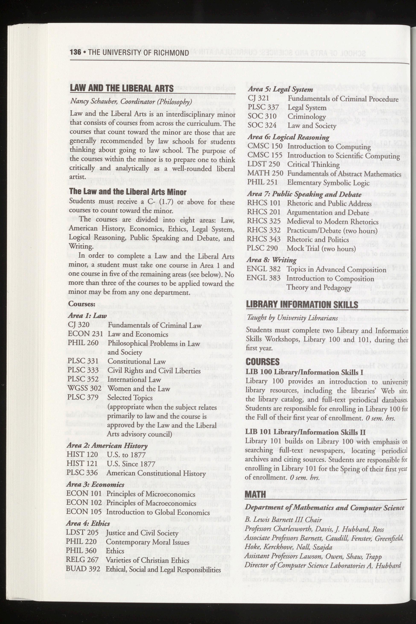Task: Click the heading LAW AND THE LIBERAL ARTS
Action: (x=122, y=88)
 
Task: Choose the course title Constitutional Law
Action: (x=136, y=361)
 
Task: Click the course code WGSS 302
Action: (x=84, y=388)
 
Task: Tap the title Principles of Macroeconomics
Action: (x=151, y=503)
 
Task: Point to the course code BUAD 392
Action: (x=83, y=569)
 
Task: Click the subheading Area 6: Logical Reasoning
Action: (x=288, y=137)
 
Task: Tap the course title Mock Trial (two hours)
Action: (x=321, y=249)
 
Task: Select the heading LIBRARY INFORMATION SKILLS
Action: (x=302, y=304)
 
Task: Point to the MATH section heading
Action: (x=255, y=494)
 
